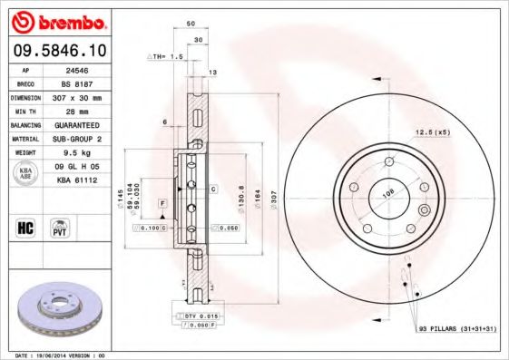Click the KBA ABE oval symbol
[24, 173]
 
